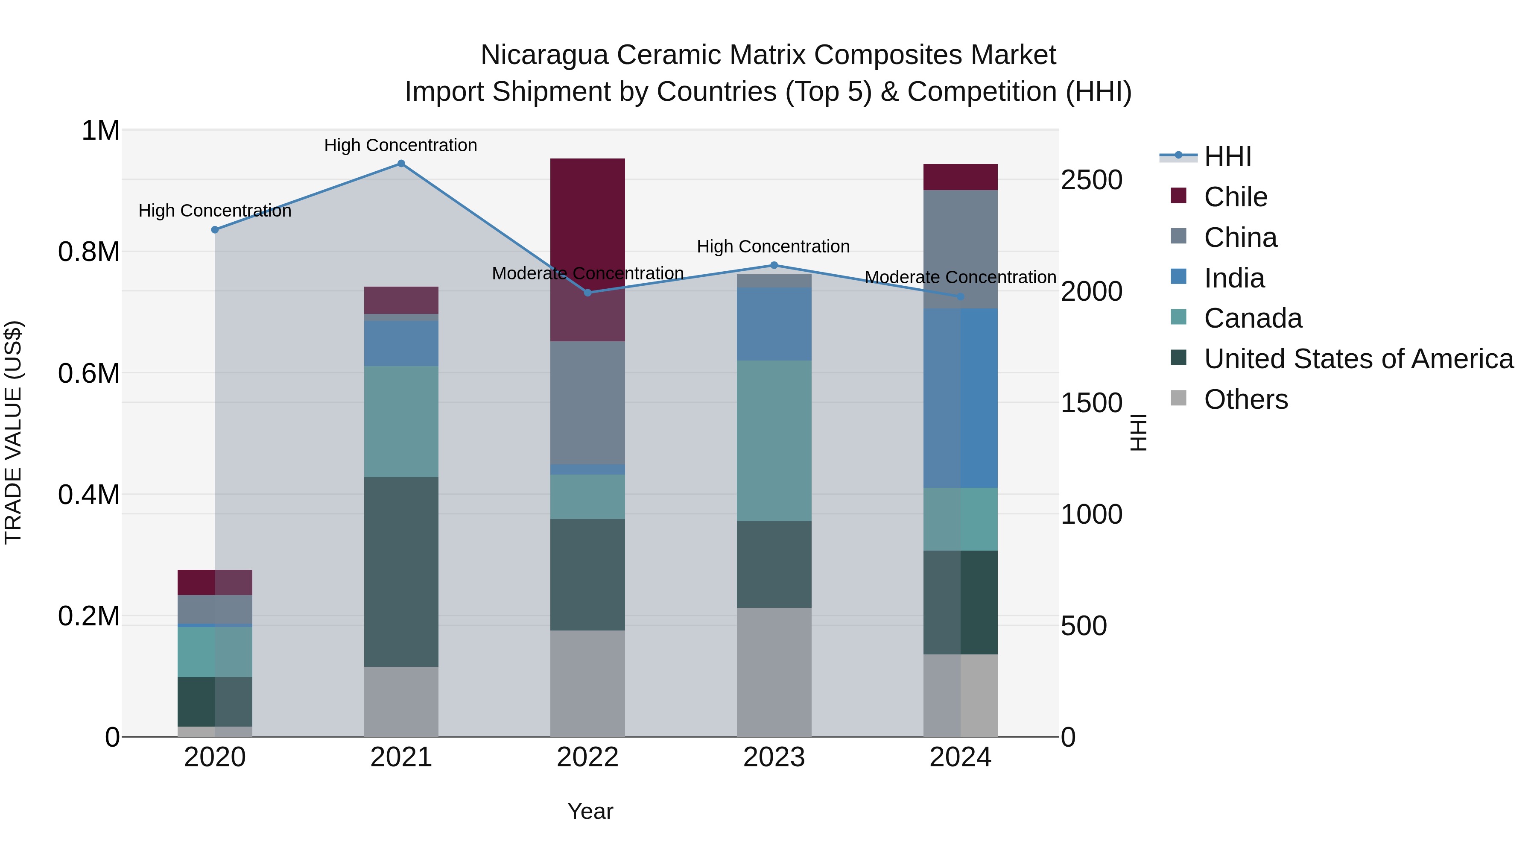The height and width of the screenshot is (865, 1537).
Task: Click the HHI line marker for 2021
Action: pyautogui.click(x=401, y=164)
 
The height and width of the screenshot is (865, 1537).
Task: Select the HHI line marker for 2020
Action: pyautogui.click(x=215, y=230)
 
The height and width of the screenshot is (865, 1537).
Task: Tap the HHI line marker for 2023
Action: pyautogui.click(x=774, y=265)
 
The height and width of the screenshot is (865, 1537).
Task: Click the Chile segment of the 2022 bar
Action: pyautogui.click(x=587, y=239)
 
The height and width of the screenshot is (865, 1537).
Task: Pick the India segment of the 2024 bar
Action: pyautogui.click(x=960, y=398)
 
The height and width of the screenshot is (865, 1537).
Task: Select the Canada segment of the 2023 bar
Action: pyautogui.click(x=774, y=440)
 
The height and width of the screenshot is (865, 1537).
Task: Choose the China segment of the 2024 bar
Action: pyautogui.click(x=960, y=249)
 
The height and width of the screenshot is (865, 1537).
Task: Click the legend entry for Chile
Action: pyautogui.click(x=1235, y=197)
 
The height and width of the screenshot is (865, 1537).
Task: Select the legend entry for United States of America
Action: pyautogui.click(x=1358, y=359)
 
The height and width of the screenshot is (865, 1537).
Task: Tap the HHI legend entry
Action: pyautogui.click(x=1227, y=156)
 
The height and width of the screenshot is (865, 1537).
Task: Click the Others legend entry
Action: pyautogui.click(x=1245, y=399)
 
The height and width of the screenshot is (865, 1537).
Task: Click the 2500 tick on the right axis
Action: pyautogui.click(x=1091, y=180)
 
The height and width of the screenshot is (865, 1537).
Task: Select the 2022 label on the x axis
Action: pyautogui.click(x=587, y=757)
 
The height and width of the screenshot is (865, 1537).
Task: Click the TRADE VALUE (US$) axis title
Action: pyautogui.click(x=13, y=432)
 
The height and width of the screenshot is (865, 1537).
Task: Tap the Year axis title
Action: pyautogui.click(x=590, y=811)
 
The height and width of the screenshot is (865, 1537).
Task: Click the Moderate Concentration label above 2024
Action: pyautogui.click(x=960, y=278)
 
